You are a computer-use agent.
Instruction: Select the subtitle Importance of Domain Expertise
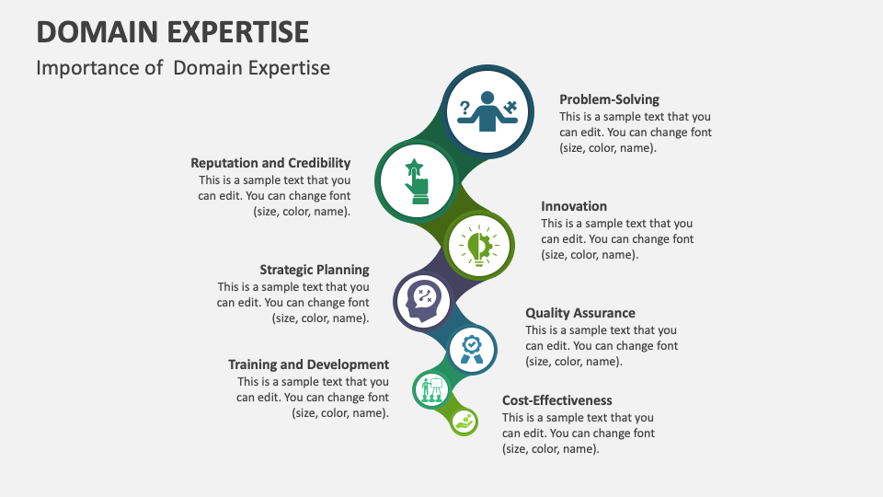coord(183,68)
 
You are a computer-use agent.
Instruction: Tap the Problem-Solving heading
coord(609,99)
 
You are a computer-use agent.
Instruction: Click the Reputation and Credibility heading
coord(270,163)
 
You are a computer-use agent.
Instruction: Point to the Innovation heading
coord(574,206)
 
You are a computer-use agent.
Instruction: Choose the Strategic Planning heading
coord(314,270)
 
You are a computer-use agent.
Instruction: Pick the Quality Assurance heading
coord(579,313)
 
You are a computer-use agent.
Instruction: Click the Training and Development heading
coord(308,364)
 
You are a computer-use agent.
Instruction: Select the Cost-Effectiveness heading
coord(556,400)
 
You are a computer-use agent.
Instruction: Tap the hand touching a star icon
coord(416,181)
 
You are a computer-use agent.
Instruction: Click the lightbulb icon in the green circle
coord(477,246)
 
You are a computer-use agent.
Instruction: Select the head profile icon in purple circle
coord(424,300)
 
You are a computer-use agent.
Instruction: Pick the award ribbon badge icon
coord(472,349)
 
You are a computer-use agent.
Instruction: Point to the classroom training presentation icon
coord(430,390)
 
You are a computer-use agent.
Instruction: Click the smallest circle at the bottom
coord(464,422)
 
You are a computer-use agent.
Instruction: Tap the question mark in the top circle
coord(464,107)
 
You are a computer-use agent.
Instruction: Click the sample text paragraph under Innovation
coord(617,239)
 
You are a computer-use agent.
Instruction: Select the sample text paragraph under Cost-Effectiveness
coord(579,433)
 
